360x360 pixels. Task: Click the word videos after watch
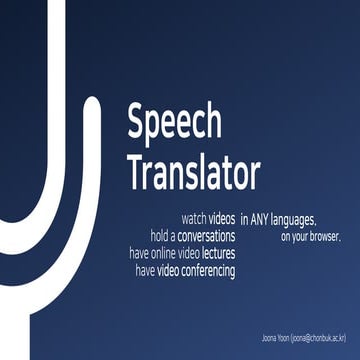click(222, 217)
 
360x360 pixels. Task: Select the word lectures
click(217, 253)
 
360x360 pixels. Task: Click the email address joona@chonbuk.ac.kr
click(318, 334)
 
